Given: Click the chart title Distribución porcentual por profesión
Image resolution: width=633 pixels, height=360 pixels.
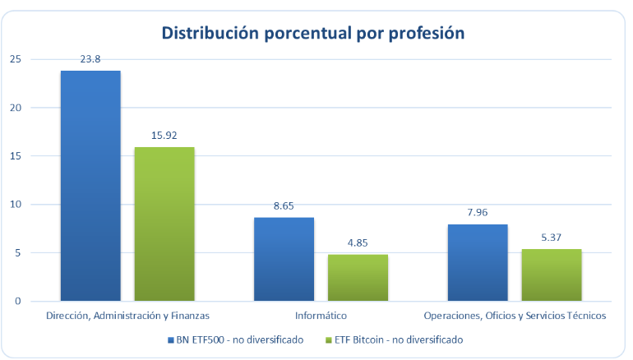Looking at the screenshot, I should click(313, 33).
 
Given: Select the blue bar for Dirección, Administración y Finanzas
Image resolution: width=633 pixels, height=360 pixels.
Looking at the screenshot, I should click(90, 186).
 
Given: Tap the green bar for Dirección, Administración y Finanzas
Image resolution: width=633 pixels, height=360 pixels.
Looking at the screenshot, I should click(164, 224).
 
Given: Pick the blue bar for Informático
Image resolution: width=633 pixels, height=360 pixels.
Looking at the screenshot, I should click(284, 259).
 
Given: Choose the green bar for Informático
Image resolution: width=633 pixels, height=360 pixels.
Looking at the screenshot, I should click(358, 278).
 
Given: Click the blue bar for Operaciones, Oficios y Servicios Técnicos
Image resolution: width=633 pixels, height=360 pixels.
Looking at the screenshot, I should click(478, 262).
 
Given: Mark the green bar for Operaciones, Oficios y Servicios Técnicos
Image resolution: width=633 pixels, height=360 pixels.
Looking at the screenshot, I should click(552, 275).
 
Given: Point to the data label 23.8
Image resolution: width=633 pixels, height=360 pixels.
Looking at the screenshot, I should click(90, 59).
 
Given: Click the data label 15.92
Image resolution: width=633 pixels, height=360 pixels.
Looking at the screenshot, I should click(164, 136).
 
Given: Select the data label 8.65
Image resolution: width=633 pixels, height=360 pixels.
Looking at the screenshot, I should click(284, 205).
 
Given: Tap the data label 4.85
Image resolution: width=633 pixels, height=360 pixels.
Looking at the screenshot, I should click(358, 242).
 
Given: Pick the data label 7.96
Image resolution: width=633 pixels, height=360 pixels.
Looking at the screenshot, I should click(478, 212).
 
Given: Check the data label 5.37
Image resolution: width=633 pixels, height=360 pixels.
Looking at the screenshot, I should click(552, 238).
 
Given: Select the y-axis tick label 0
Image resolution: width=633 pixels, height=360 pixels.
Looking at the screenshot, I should click(18, 302).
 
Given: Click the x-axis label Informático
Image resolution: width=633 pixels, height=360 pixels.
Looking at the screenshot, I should click(321, 316).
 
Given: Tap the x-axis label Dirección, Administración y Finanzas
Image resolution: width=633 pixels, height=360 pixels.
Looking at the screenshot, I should click(128, 316).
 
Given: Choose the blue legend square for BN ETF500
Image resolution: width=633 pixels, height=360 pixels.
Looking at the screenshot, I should click(170, 339).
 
